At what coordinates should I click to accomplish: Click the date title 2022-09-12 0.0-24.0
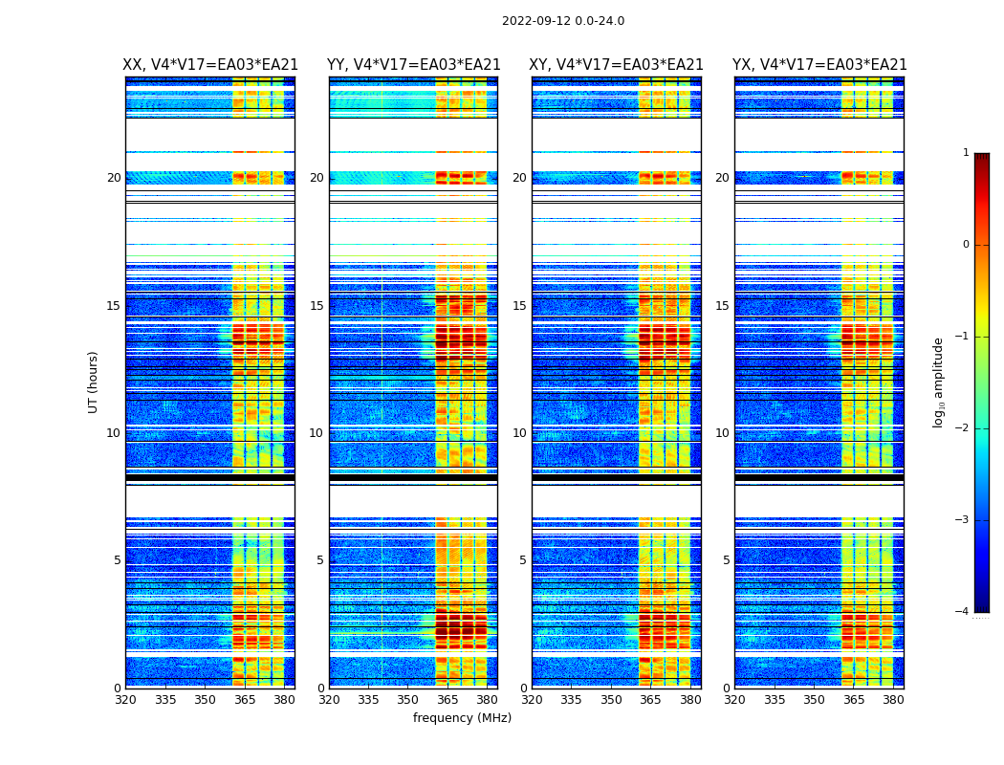click(x=563, y=21)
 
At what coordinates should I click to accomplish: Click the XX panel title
click(x=210, y=65)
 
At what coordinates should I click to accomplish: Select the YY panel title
click(x=414, y=65)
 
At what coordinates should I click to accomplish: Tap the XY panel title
click(x=617, y=65)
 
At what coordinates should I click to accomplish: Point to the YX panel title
click(x=819, y=65)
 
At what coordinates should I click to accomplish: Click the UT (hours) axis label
click(x=94, y=382)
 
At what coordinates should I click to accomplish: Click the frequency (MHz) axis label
click(x=462, y=718)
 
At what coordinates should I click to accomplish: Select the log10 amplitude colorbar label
click(x=939, y=382)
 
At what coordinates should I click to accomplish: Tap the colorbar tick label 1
click(x=966, y=153)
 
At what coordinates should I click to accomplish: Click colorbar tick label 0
click(x=966, y=245)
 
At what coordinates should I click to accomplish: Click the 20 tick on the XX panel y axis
click(x=114, y=178)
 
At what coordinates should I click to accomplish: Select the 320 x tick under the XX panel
click(x=125, y=700)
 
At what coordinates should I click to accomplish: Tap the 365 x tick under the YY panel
click(x=447, y=700)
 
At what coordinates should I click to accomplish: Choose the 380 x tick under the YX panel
click(x=893, y=700)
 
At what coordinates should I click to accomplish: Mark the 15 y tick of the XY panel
click(x=519, y=306)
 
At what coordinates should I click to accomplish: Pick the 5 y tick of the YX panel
click(x=726, y=560)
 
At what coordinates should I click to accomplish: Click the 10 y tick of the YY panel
click(x=316, y=433)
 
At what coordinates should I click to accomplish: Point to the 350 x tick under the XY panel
click(x=611, y=700)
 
